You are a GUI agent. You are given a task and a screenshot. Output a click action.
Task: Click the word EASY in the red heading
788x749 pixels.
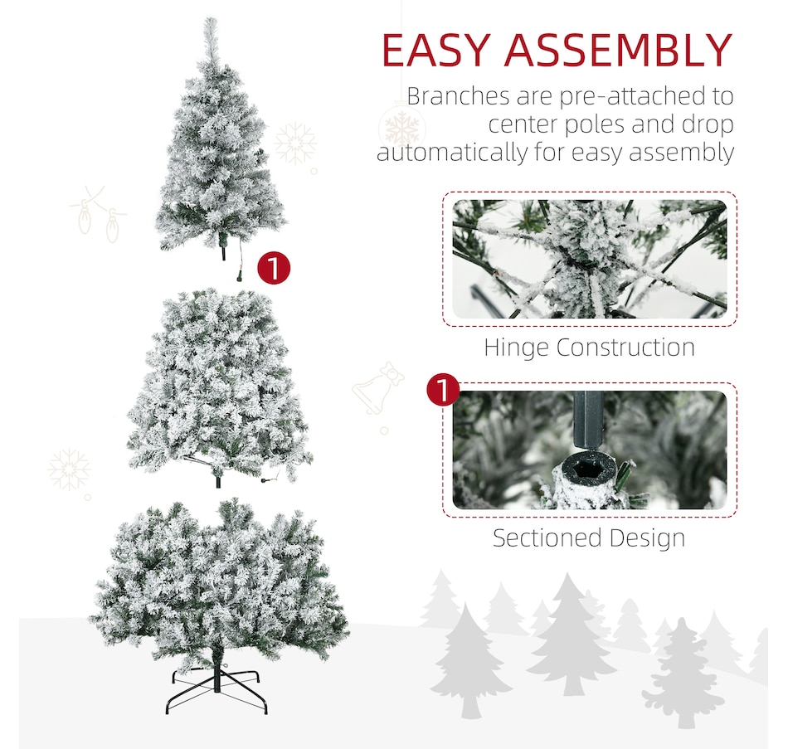pyautogui.click(x=435, y=50)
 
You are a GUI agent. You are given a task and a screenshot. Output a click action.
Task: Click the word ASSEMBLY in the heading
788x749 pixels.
pyautogui.click(x=618, y=50)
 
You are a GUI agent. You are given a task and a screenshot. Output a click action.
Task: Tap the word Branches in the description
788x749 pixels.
pyautogui.click(x=458, y=95)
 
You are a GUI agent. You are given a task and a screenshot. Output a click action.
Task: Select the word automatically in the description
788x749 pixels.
pyautogui.click(x=452, y=153)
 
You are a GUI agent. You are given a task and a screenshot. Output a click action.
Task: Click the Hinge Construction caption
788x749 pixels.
pyautogui.click(x=589, y=348)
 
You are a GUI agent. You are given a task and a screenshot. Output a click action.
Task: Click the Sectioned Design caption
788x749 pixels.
pyautogui.click(x=589, y=537)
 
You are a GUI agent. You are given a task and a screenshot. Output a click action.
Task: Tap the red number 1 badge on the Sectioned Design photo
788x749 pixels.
pyautogui.click(x=443, y=389)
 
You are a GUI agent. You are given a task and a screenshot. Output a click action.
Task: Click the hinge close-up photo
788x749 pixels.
pyautogui.click(x=590, y=259)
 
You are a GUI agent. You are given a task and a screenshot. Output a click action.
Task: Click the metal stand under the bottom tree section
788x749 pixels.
pyautogui.click(x=216, y=689)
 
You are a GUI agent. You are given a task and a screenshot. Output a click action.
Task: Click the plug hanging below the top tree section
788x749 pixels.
pyautogui.click(x=241, y=275)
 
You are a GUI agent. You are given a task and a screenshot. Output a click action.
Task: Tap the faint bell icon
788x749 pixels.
pyautogui.click(x=377, y=390)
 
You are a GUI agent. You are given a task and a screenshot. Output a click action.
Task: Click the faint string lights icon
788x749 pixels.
pyautogui.click(x=99, y=214)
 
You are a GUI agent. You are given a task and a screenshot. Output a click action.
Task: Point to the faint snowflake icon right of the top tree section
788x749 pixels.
pyautogui.click(x=295, y=143)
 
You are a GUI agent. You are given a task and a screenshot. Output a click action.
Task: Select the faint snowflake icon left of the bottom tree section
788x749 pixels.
pyautogui.click(x=70, y=469)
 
